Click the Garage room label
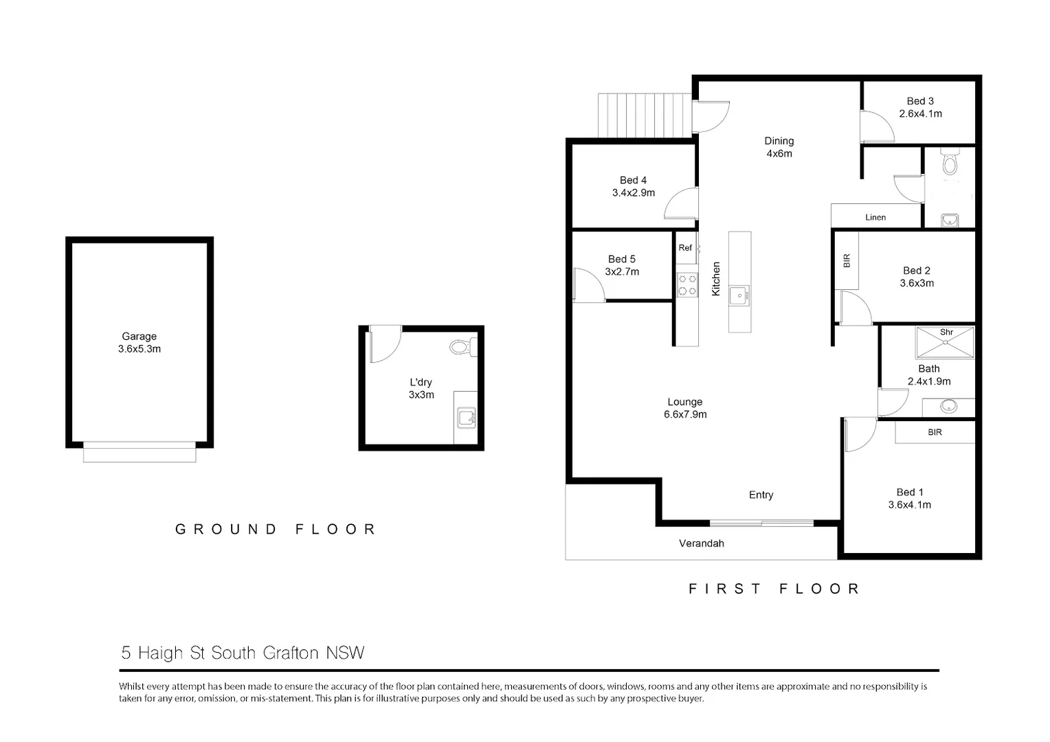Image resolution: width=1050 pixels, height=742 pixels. point(139,337)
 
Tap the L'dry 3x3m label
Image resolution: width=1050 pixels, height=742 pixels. point(421,389)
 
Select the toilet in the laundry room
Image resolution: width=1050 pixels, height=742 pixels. point(461,347)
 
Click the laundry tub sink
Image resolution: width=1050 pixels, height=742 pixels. point(466,417)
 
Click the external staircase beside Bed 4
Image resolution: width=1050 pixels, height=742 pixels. point(644,115)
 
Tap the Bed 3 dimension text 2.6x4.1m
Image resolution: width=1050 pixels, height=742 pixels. point(920,114)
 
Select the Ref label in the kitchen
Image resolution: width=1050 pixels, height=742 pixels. point(685,248)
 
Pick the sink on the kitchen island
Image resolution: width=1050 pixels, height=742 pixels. point(739,296)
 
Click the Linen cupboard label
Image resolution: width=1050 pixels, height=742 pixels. point(875,218)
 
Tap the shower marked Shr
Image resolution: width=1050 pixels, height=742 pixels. point(946,343)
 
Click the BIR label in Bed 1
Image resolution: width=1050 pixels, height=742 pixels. point(935,433)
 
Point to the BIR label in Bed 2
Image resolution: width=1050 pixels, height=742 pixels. point(847,261)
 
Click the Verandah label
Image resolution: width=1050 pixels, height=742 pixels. point(702,543)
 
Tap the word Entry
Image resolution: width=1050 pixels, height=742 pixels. point(761,495)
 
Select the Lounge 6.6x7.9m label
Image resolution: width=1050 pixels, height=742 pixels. point(685,408)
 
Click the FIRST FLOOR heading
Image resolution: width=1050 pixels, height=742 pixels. point(774,589)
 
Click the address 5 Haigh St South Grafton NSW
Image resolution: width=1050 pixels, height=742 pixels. point(243,653)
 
